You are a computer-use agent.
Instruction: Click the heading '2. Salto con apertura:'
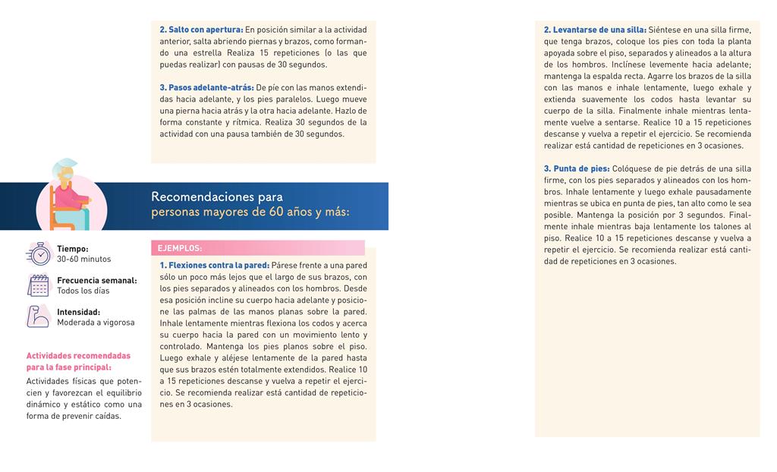(x=201, y=30)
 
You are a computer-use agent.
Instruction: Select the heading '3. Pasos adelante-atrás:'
(x=206, y=87)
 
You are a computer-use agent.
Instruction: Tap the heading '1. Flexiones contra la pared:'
(x=215, y=266)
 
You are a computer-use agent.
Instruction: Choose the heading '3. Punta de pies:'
(x=577, y=168)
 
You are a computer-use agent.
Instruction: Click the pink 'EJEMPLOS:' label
(x=180, y=248)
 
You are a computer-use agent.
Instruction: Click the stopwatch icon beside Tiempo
(x=38, y=253)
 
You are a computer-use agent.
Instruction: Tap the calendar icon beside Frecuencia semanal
(x=38, y=285)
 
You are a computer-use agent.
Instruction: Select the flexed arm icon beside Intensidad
(x=38, y=316)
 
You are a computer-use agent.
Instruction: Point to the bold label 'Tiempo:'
(x=73, y=249)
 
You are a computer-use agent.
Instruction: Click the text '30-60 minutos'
(x=83, y=260)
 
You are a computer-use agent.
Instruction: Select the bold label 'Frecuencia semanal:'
(x=97, y=281)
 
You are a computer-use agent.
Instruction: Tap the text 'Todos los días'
(x=83, y=291)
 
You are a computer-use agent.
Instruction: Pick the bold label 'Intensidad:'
(x=78, y=312)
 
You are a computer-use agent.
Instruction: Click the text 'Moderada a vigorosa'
(x=96, y=323)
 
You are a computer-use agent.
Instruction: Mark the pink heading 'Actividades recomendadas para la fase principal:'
(x=78, y=361)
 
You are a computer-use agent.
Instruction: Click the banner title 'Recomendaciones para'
(x=217, y=197)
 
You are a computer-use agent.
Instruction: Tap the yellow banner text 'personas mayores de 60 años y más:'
(x=250, y=212)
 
